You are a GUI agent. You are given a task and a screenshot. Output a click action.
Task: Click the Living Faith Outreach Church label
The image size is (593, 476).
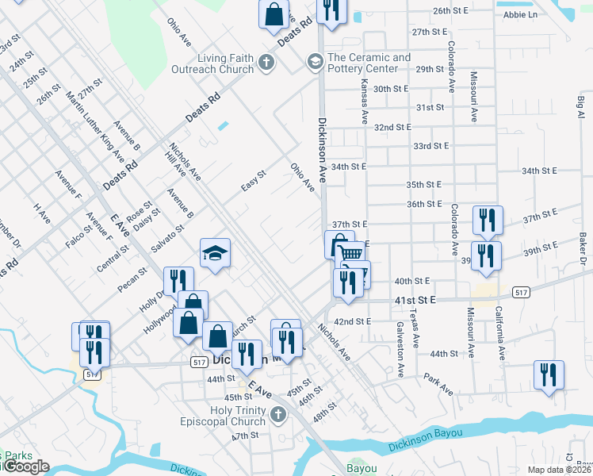215,63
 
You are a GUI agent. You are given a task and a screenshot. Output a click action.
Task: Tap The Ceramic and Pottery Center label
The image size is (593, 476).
369,63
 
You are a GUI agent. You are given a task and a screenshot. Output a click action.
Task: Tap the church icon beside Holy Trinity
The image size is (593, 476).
277,414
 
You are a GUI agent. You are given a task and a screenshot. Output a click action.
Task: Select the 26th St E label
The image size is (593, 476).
451,12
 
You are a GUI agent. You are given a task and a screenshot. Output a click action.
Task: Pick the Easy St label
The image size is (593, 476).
253,180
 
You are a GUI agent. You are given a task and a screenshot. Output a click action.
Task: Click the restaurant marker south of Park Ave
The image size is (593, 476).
549,374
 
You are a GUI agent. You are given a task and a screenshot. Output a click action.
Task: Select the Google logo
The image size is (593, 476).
25,466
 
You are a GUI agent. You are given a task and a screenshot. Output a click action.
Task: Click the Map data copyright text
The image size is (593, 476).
559,470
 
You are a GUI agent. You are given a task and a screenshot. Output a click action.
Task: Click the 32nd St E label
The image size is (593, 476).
392,127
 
